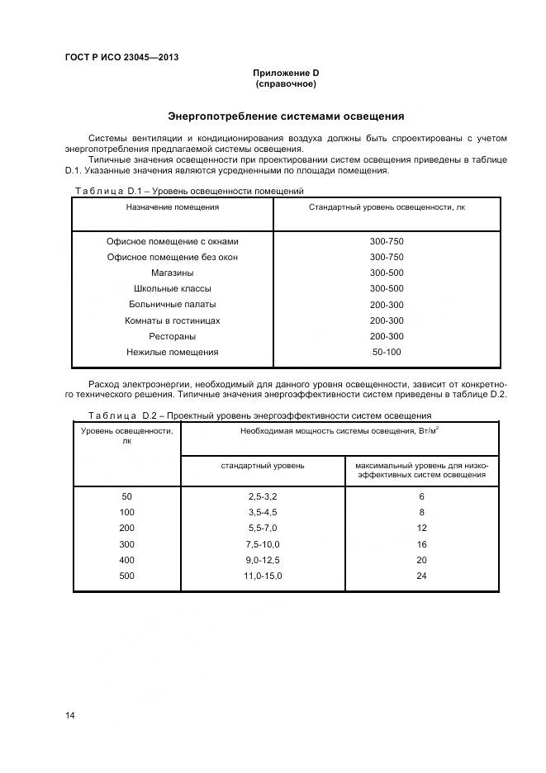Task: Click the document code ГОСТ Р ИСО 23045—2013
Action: coord(121,57)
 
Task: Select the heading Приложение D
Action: coord(286,74)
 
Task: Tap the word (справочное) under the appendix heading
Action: coord(286,84)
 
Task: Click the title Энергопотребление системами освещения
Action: coord(286,116)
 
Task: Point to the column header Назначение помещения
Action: coord(173,207)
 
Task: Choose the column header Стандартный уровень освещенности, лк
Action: coord(387,207)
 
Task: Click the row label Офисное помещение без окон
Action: coord(173,257)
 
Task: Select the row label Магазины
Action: coord(173,273)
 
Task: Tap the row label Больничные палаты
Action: coord(173,305)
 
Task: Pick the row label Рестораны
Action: coord(173,336)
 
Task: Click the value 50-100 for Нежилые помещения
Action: coord(387,352)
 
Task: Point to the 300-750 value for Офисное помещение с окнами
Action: coord(387,241)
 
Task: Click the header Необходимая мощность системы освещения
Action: coord(339,430)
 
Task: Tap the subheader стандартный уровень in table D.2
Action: coord(262,466)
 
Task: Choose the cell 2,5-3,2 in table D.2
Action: coord(262,496)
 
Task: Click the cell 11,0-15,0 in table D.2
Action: coord(262,575)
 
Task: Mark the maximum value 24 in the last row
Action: coord(421,575)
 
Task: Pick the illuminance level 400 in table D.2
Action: coord(126,559)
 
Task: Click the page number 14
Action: coord(70,715)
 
